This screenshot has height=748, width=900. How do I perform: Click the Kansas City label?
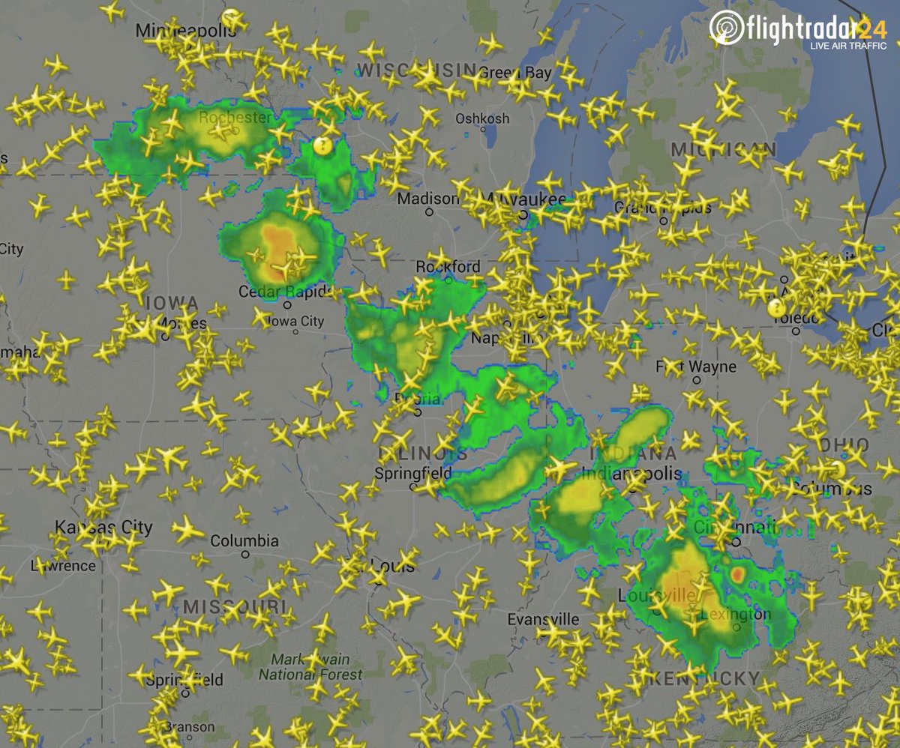[x=103, y=528]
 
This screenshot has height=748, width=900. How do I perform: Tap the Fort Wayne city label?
[x=696, y=367]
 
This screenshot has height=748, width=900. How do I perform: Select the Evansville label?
[x=543, y=619]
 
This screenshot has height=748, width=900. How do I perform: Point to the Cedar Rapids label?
[x=274, y=291]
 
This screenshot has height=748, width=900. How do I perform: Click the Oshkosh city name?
[x=482, y=118]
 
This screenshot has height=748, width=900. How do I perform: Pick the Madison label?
[x=427, y=199]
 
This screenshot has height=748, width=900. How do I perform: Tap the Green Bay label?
[x=514, y=73]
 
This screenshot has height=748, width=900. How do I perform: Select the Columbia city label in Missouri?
[x=244, y=540]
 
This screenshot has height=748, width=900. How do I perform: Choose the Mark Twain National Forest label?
[x=310, y=667]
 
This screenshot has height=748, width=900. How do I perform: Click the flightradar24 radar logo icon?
[x=724, y=28]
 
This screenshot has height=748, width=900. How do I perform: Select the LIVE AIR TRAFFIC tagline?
[x=847, y=46]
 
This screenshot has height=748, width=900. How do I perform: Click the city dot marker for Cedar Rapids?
[x=287, y=305]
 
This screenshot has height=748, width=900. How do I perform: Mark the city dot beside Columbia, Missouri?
[x=245, y=555]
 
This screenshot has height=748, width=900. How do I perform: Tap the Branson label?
[x=189, y=727]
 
